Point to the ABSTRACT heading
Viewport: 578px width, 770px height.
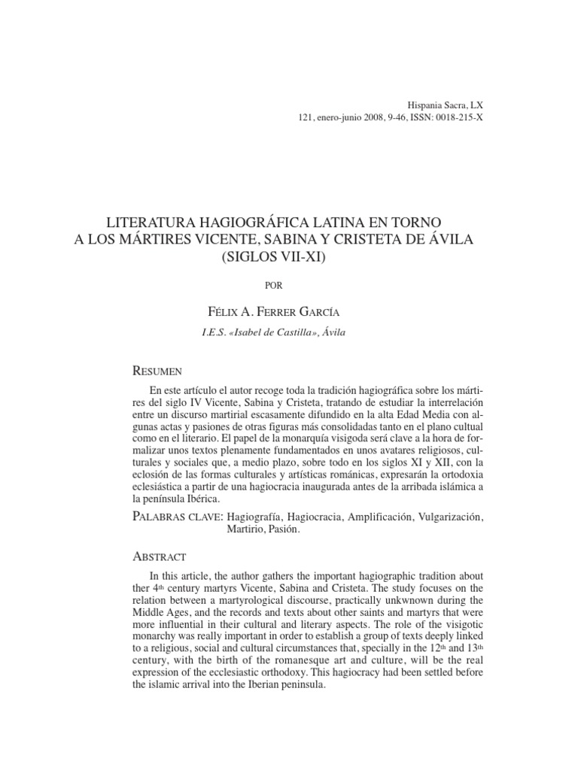(x=159, y=557)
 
